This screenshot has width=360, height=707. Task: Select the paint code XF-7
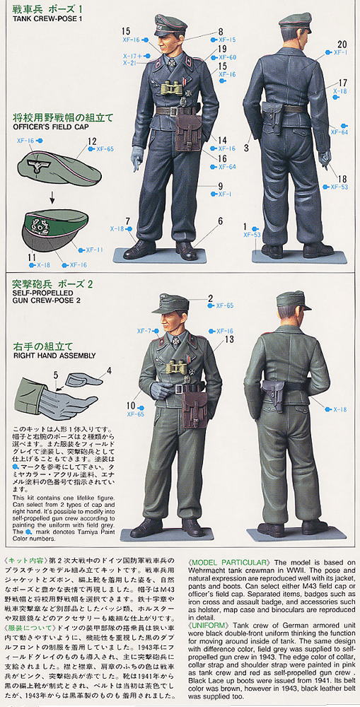(x=143, y=331)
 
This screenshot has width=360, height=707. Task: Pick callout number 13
(x=229, y=339)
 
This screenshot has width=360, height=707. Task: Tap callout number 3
(x=247, y=148)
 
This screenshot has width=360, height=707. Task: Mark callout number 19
(x=223, y=48)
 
